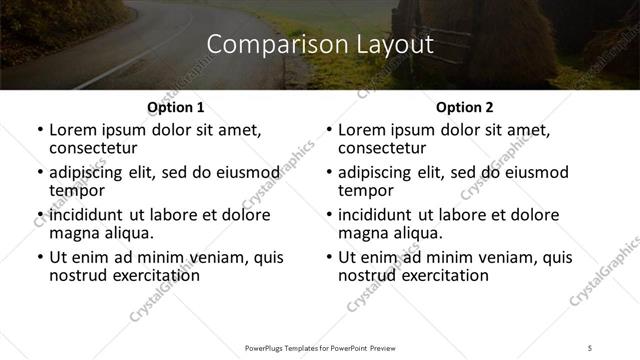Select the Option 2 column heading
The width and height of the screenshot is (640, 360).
click(464, 107)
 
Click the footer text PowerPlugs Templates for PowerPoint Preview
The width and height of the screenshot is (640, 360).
click(319, 349)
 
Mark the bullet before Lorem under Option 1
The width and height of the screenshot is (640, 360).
click(39, 131)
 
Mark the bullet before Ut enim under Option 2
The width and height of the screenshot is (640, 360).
click(329, 257)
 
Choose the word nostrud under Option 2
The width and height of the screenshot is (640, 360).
click(366, 274)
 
